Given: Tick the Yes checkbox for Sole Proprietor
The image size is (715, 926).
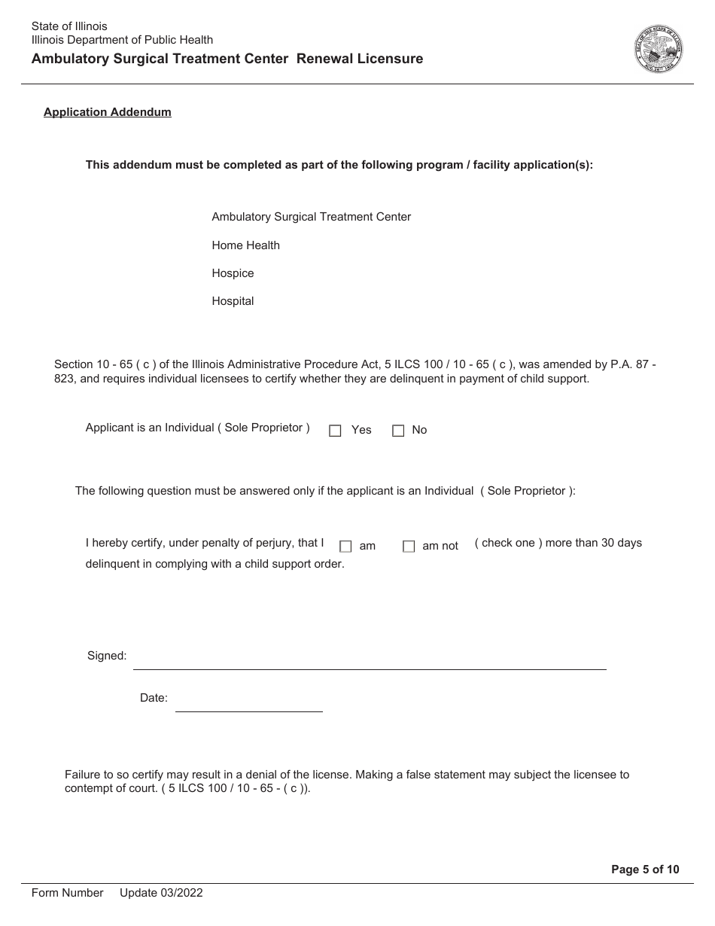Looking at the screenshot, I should click(336, 431).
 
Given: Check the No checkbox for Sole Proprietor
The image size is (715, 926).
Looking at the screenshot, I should click(398, 431).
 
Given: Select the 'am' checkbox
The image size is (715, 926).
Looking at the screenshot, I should click(345, 547).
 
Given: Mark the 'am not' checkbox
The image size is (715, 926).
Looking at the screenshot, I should click(409, 547).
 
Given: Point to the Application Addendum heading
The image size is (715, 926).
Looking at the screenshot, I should click(108, 112).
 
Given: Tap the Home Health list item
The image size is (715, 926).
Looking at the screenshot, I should click(245, 245).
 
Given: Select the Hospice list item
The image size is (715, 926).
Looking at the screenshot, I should click(233, 273).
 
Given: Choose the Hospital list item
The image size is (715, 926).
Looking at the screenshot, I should click(233, 301).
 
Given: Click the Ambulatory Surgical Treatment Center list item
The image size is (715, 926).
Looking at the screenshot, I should click(311, 217).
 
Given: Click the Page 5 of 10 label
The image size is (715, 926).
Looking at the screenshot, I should click(645, 870).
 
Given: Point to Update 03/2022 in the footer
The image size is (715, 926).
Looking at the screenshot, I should click(161, 893).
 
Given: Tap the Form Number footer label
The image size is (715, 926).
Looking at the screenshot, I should click(67, 893).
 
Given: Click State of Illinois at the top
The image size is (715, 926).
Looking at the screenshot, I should click(69, 26).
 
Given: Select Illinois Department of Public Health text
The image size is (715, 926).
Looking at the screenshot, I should click(122, 40).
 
